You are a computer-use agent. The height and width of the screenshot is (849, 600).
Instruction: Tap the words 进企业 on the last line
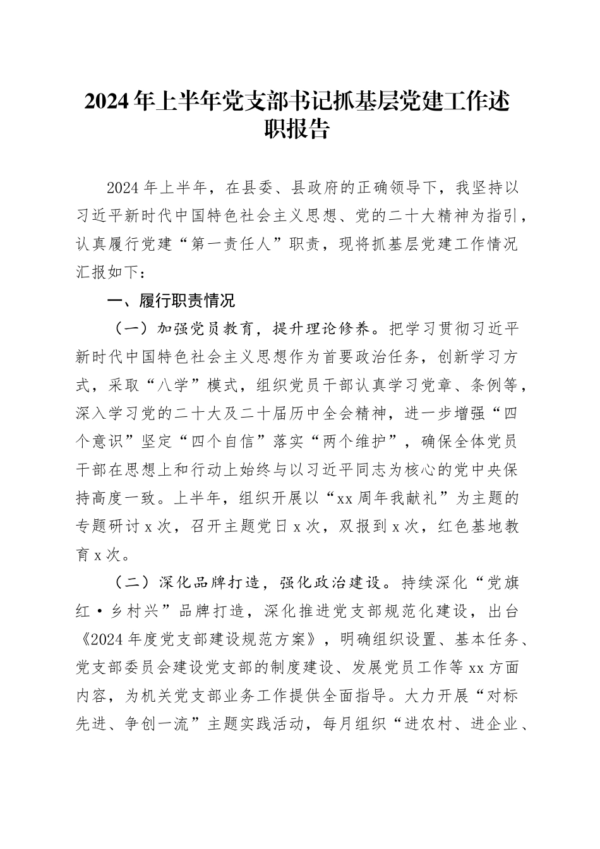coord(495,723)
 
